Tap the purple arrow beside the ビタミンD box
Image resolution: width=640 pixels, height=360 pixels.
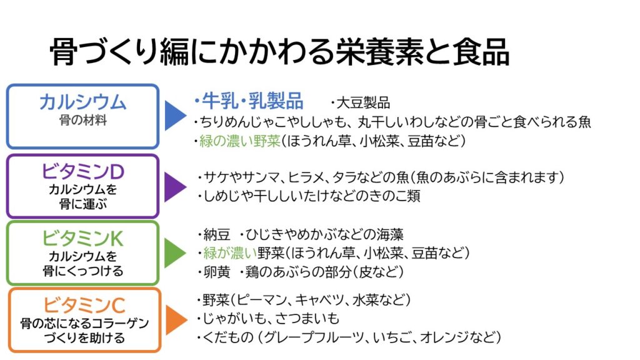[175, 186]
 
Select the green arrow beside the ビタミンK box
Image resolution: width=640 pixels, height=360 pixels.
[175, 252]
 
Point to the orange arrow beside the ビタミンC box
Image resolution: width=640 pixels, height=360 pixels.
[175, 320]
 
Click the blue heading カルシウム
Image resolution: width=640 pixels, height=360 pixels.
[82, 102]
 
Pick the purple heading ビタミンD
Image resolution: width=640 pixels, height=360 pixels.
[82, 170]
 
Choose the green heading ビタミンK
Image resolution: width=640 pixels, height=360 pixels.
[82, 238]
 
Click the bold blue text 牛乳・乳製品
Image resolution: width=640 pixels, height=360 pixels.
[251, 101]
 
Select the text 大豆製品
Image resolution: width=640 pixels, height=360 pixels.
[363, 102]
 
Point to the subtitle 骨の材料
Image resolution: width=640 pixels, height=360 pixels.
[82, 121]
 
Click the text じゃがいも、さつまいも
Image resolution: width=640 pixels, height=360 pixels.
[272, 319]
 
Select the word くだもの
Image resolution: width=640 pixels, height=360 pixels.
[226, 338]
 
